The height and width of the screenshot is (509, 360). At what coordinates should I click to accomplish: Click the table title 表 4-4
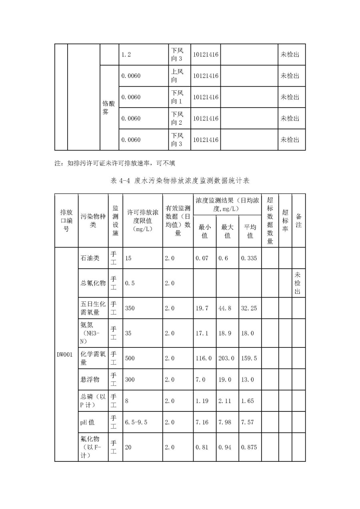[180, 181]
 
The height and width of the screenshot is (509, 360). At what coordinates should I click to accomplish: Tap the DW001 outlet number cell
[64, 354]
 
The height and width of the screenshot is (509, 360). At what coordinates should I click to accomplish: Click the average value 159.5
[249, 358]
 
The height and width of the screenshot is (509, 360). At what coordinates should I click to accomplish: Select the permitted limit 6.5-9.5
[136, 422]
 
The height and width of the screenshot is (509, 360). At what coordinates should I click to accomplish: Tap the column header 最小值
[204, 231]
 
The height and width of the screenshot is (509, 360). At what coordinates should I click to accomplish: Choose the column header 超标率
[285, 221]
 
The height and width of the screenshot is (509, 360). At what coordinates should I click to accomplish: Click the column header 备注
[298, 221]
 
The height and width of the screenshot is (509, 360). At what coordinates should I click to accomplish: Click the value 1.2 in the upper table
[126, 54]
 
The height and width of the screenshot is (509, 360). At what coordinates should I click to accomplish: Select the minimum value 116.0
[204, 358]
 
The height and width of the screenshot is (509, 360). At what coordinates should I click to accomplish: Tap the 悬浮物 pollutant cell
[90, 379]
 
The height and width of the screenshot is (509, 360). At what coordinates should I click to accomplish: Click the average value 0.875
[249, 447]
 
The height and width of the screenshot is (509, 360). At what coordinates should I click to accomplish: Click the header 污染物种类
[93, 221]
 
